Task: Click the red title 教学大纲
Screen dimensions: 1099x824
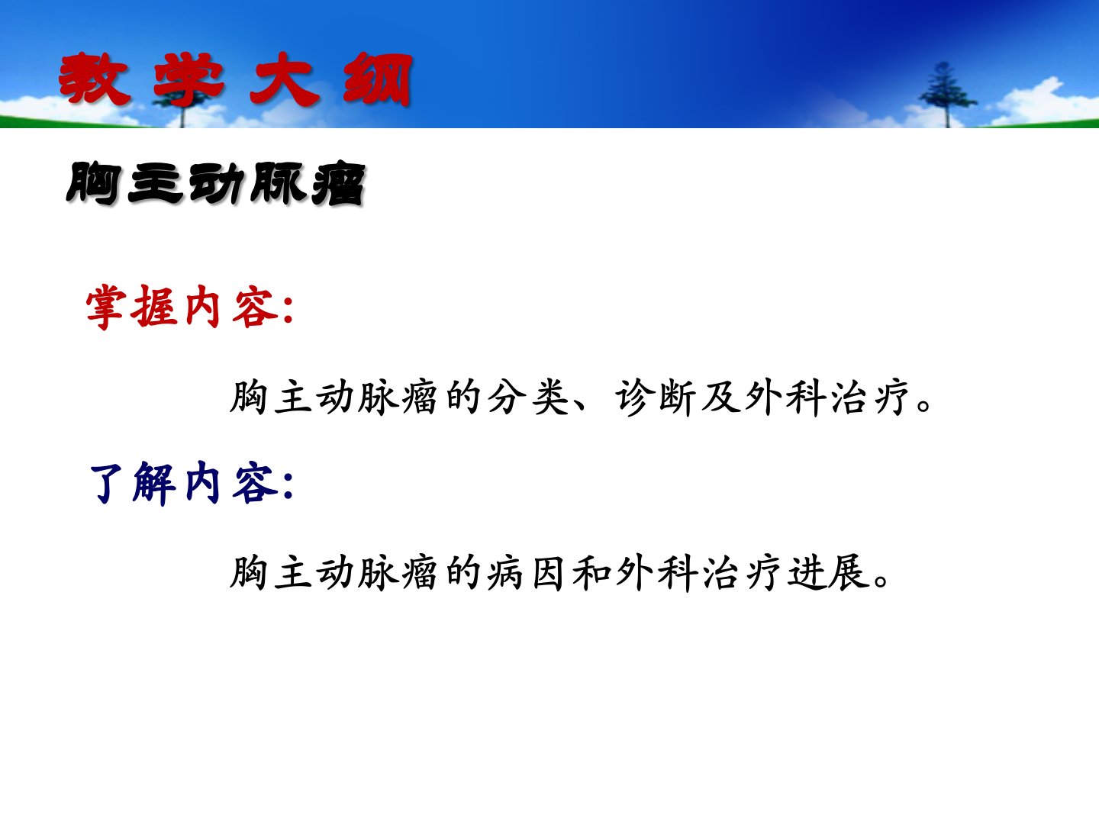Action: point(235,79)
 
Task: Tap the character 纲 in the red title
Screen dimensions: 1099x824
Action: point(378,79)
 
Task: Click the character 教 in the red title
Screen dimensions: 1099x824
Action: point(94,79)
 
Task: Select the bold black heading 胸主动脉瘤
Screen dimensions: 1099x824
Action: point(216,183)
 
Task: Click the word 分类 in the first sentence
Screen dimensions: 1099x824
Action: point(529,398)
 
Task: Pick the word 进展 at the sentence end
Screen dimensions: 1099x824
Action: point(829,573)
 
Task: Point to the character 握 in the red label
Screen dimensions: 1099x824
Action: point(153,307)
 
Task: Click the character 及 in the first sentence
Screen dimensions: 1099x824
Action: point(721,398)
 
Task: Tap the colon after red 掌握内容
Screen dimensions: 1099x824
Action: point(288,311)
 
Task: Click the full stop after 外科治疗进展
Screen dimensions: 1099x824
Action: point(881,582)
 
